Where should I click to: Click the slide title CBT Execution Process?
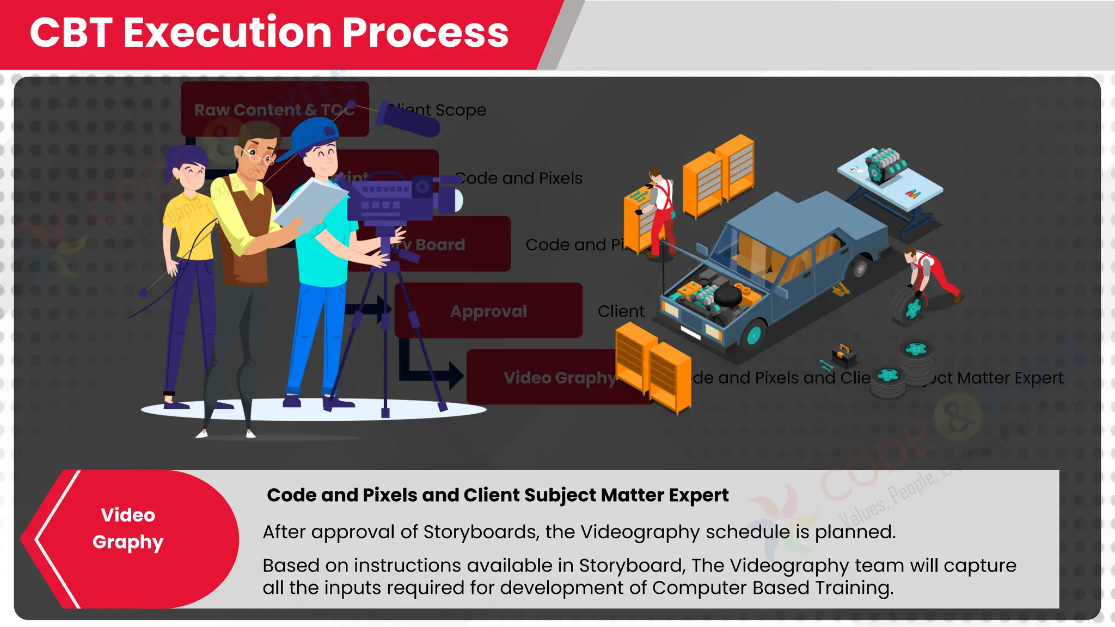[x=269, y=33]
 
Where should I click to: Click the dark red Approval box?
[x=488, y=311]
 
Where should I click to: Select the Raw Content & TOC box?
[x=274, y=109]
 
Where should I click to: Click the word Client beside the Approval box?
[x=621, y=311]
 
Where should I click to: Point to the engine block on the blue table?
[x=885, y=163]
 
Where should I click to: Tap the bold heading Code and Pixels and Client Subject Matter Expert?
[x=497, y=495]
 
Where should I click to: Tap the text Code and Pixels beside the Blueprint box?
[x=518, y=179]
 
